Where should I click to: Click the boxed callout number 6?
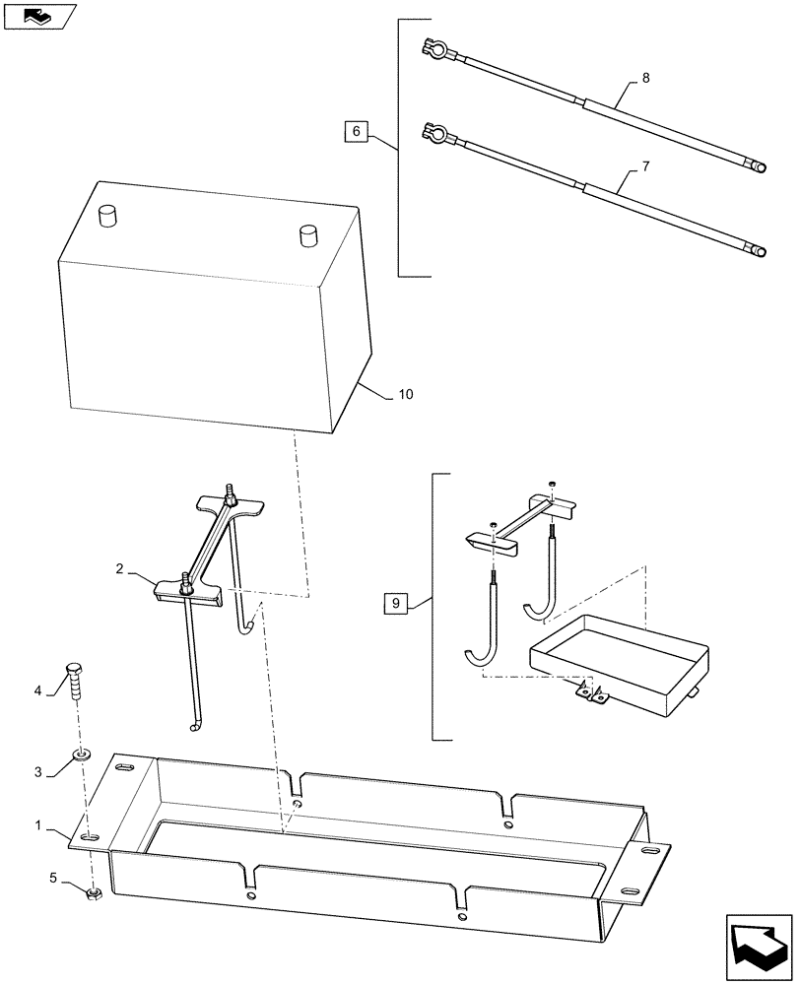point(357,131)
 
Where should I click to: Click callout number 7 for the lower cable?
point(645,167)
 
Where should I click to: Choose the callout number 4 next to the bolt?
point(38,690)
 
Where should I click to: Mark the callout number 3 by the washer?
point(38,771)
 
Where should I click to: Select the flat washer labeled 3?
point(83,756)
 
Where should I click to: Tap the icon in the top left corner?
point(38,16)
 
